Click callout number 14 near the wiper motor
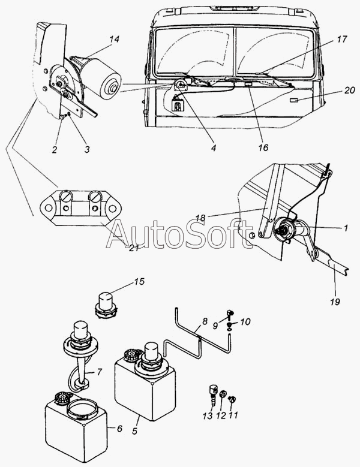(x=114, y=40)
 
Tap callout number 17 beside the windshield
(x=342, y=40)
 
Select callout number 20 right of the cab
(x=349, y=90)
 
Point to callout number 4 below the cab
(x=214, y=147)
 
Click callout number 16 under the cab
(x=263, y=147)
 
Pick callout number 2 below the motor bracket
(x=54, y=149)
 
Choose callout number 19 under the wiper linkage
(x=335, y=302)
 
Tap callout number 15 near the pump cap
(x=139, y=281)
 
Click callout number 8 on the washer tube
(x=205, y=322)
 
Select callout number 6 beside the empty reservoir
(x=119, y=429)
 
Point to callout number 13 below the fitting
(x=208, y=415)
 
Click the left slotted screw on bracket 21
(x=65, y=197)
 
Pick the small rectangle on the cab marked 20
(x=294, y=101)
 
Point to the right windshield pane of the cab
(x=275, y=50)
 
